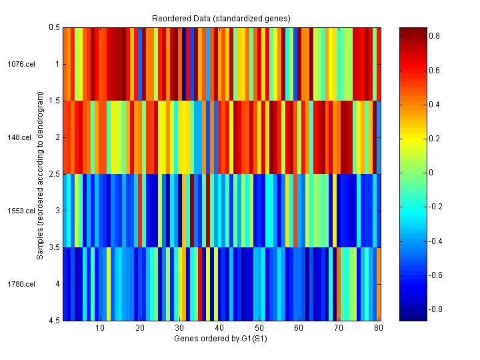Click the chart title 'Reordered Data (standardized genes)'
point(221,17)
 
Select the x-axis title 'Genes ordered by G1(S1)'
point(221,339)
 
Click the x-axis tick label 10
point(99,328)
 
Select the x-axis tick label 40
point(219,328)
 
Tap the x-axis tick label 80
point(379,328)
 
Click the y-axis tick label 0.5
point(54,27)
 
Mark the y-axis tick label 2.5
point(54,174)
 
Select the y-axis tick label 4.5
point(54,321)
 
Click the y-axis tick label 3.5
point(54,247)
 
